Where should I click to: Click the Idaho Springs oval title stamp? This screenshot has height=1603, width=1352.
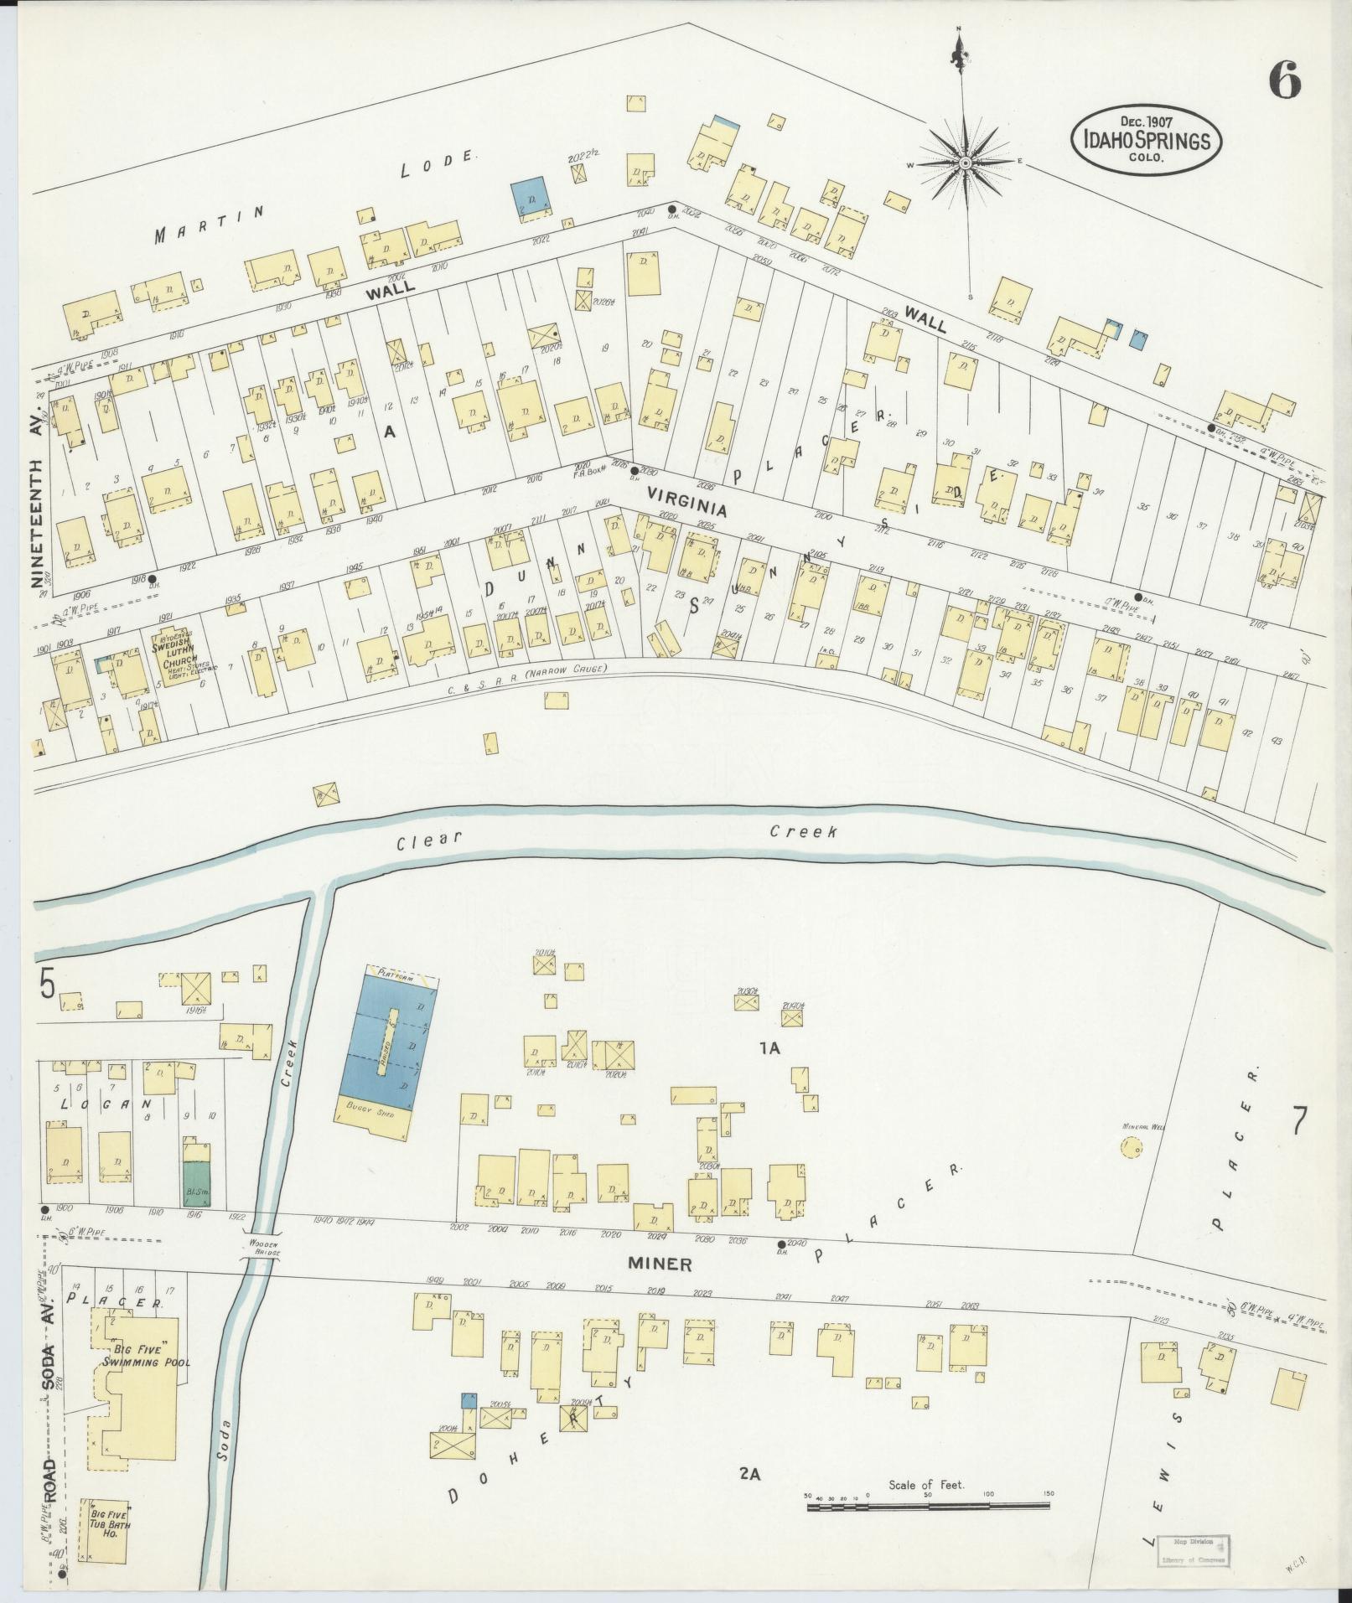tap(1145, 140)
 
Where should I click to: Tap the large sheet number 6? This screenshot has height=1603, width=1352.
tap(1284, 81)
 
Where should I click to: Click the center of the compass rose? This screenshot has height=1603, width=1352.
tap(965, 163)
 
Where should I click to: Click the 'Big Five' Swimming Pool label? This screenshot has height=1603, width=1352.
tap(146, 1356)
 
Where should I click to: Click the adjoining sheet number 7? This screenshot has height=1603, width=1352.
tap(1299, 1122)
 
